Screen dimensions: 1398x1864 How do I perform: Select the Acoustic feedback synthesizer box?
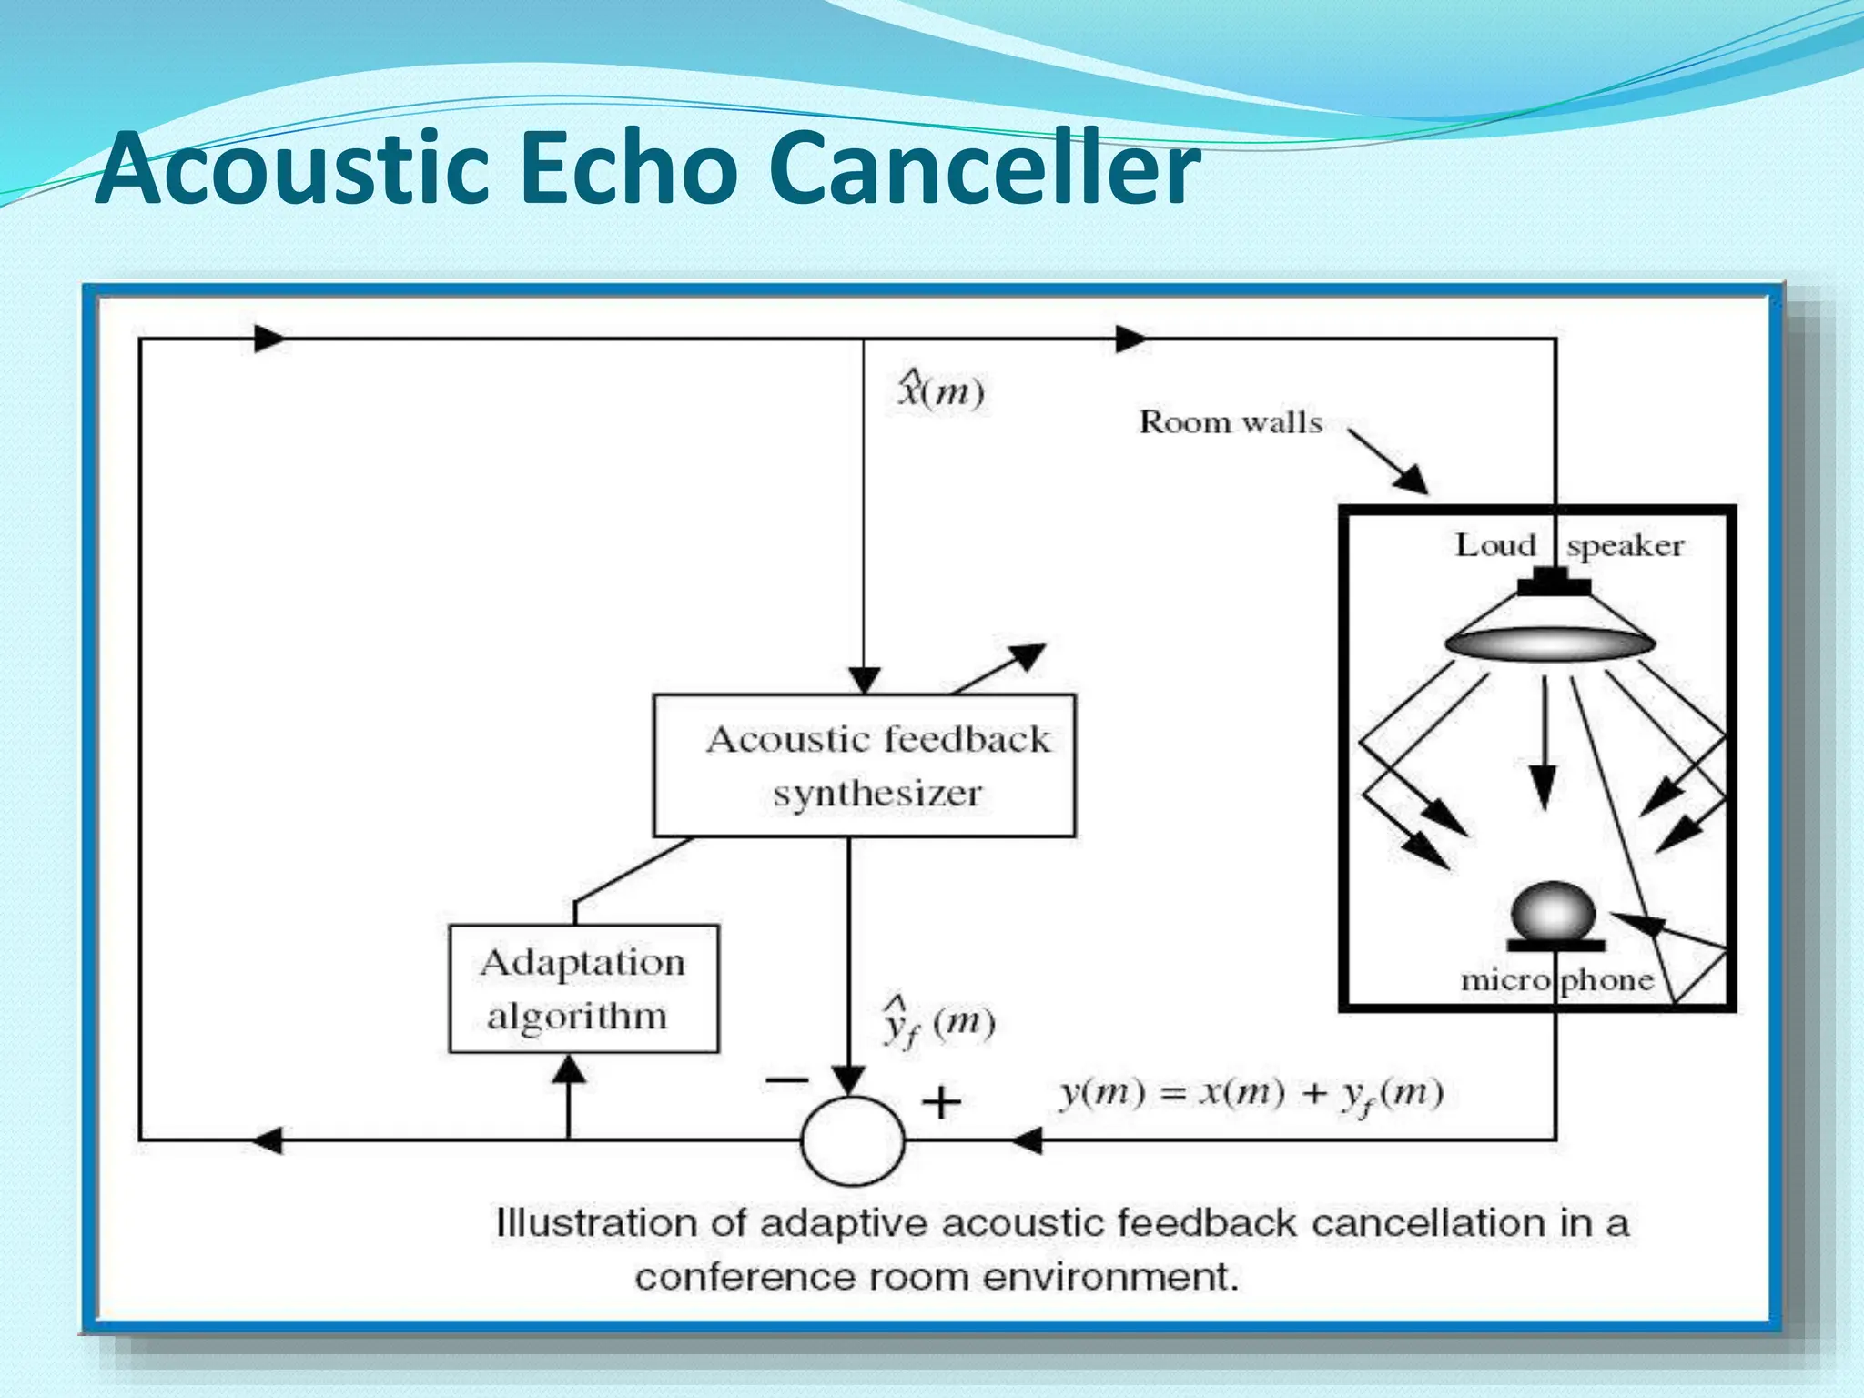point(864,765)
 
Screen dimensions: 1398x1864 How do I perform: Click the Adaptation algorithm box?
point(583,988)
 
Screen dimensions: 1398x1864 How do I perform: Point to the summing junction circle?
point(853,1140)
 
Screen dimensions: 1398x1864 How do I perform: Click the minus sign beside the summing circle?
point(785,1080)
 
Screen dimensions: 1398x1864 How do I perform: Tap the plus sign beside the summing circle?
point(941,1103)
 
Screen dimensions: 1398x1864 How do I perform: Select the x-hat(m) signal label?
point(940,391)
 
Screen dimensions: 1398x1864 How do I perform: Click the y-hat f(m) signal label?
point(937,1025)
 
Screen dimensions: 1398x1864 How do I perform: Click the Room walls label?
point(1231,422)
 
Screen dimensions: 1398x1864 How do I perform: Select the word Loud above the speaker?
point(1495,545)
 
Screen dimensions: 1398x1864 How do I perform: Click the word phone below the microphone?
point(1607,980)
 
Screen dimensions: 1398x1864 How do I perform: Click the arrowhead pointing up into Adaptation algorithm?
point(569,1069)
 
